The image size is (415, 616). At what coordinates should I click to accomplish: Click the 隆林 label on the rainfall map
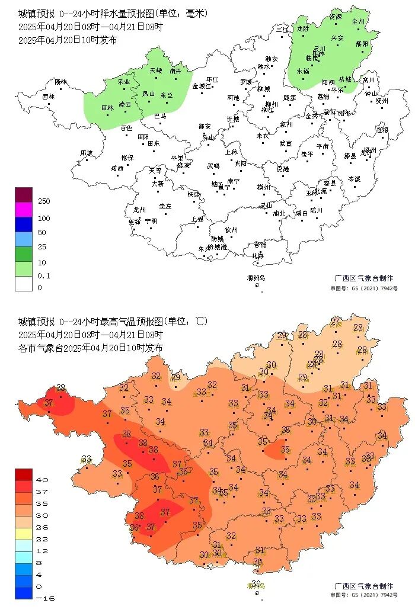60,82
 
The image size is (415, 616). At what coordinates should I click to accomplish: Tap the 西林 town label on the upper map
49,97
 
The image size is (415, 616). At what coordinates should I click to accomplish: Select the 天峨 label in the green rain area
155,70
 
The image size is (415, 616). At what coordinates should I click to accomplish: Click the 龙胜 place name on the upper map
303,28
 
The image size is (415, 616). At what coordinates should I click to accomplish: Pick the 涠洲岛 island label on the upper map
256,278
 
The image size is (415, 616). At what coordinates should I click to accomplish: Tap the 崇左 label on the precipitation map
165,206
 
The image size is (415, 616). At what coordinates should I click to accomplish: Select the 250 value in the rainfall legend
44,201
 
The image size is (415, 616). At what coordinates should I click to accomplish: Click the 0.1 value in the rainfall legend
44,275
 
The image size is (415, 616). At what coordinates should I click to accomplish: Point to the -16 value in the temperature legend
45,598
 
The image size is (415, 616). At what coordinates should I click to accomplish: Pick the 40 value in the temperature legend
43,480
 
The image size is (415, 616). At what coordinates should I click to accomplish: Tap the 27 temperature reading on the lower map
336,322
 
